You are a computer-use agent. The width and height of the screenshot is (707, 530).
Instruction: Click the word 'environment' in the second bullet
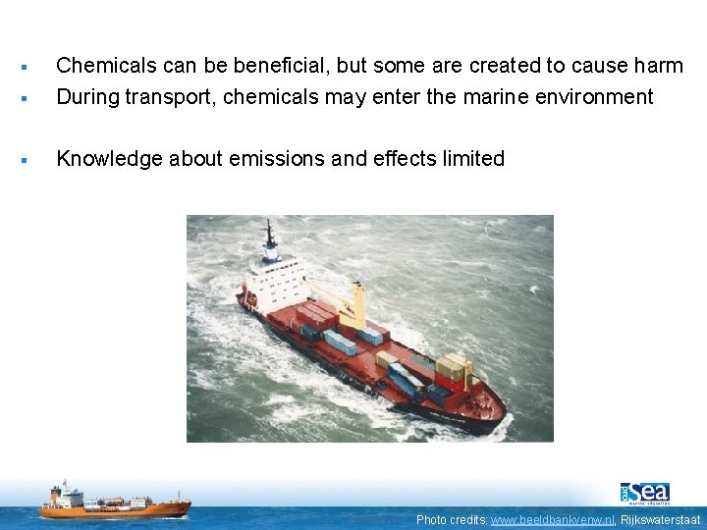(608, 96)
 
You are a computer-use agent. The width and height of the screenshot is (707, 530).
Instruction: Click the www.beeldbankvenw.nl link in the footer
(552, 519)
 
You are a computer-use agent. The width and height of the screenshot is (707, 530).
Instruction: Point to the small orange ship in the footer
(115, 502)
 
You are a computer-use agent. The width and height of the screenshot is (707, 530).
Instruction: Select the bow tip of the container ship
(502, 413)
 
